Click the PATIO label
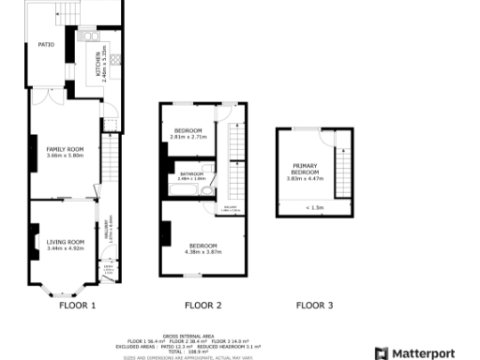click(x=45, y=44)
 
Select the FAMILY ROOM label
click(x=66, y=149)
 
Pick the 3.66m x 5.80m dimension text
click(x=66, y=156)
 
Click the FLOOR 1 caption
click(x=78, y=306)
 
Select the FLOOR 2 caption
click(x=202, y=306)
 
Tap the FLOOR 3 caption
click(x=314, y=306)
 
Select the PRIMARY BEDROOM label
click(x=306, y=170)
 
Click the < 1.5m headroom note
click(x=314, y=207)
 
